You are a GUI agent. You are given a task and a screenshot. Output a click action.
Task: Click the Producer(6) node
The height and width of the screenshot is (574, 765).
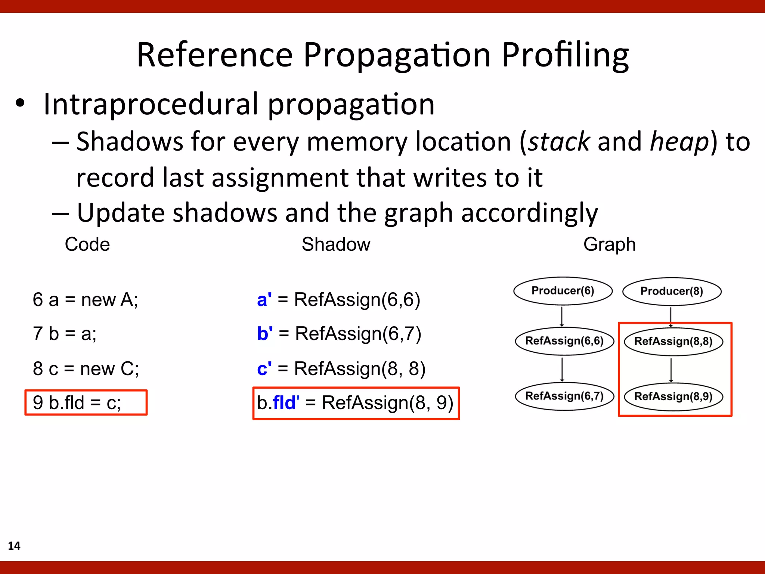click(x=563, y=291)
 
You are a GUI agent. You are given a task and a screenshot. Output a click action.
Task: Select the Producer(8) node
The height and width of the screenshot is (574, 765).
click(x=672, y=291)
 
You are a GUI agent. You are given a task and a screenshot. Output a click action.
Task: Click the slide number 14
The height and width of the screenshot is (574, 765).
click(x=14, y=546)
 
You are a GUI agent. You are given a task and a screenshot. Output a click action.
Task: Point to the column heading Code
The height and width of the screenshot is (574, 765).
click(x=87, y=244)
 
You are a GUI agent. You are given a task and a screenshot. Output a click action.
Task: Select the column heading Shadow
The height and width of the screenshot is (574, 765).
click(x=336, y=244)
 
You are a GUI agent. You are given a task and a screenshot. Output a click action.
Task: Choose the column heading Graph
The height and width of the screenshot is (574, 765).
click(x=609, y=244)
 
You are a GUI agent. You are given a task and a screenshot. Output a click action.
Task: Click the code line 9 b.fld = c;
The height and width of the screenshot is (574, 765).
click(x=77, y=403)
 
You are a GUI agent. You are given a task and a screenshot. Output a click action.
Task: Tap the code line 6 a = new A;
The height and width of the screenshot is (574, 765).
click(x=85, y=300)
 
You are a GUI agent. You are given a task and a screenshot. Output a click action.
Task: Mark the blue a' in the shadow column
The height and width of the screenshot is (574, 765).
click(x=264, y=300)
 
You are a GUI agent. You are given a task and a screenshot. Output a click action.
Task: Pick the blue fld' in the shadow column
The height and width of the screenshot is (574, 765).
click(x=286, y=403)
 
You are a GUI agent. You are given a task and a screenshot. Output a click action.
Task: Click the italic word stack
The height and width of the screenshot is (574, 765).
click(x=559, y=142)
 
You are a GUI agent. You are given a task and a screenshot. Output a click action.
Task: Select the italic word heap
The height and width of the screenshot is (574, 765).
click(x=679, y=142)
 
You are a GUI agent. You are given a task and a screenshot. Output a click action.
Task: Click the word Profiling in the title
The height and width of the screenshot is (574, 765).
click(x=565, y=55)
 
